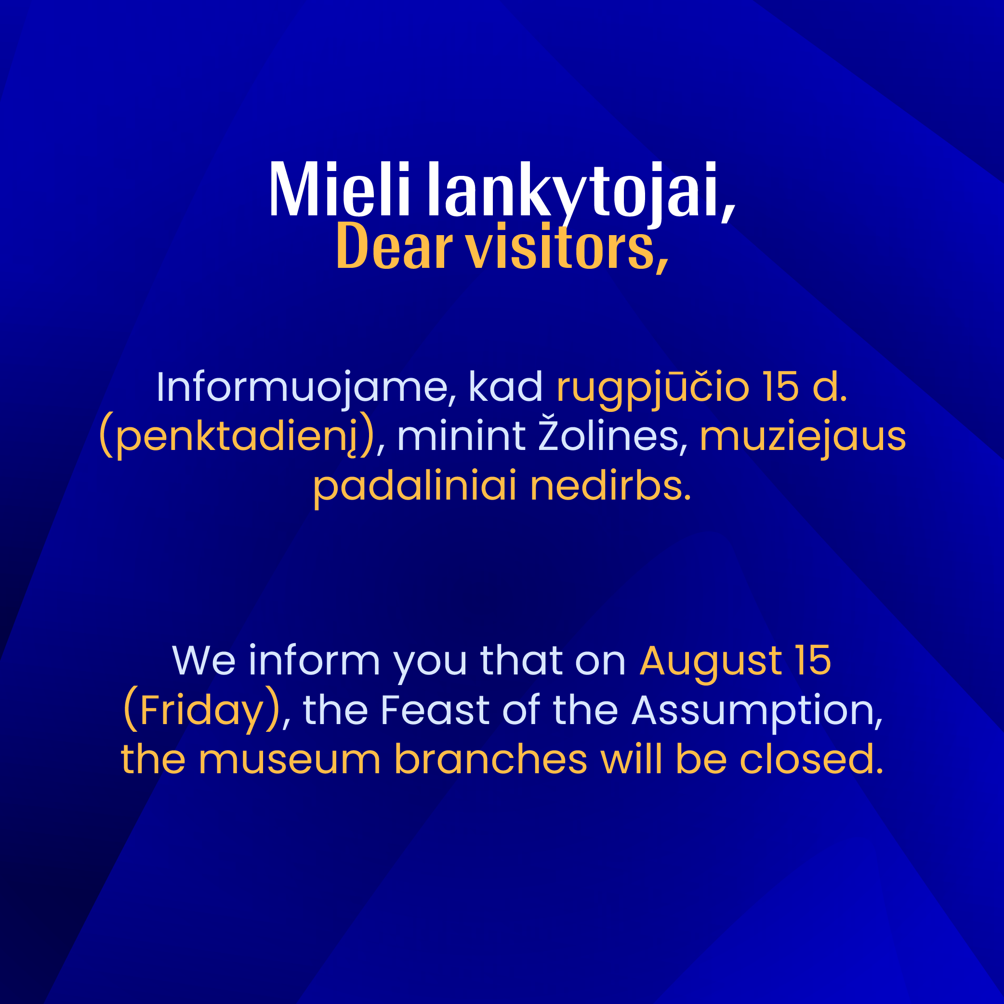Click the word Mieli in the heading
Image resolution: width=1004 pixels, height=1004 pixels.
(x=339, y=189)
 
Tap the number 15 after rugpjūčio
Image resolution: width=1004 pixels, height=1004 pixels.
(x=780, y=387)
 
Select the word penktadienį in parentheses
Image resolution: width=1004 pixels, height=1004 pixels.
(x=237, y=436)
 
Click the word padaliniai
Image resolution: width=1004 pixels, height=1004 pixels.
(x=415, y=487)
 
